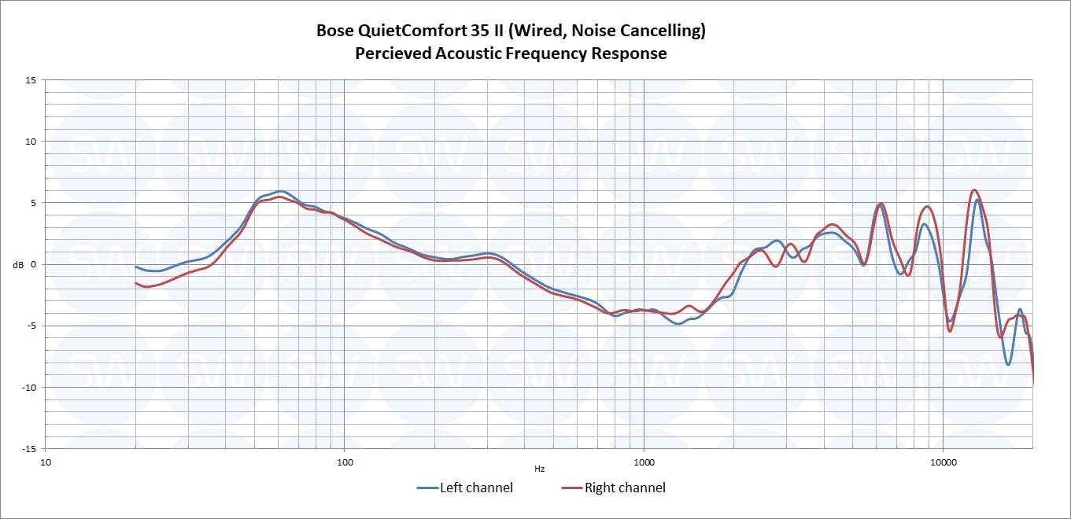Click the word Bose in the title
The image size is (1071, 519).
(x=334, y=31)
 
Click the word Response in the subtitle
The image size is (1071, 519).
(x=630, y=53)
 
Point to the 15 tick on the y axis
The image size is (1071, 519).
(x=31, y=80)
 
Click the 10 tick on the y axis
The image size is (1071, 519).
(x=31, y=142)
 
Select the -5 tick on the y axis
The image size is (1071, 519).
(x=31, y=326)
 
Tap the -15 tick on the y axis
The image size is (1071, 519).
(x=28, y=448)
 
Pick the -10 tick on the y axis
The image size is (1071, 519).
(x=28, y=387)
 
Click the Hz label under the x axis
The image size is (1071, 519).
(x=539, y=469)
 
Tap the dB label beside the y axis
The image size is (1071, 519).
(x=18, y=264)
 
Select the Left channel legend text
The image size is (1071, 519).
(x=476, y=488)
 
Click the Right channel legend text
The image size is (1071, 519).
(x=625, y=488)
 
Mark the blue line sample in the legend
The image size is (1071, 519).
(x=427, y=488)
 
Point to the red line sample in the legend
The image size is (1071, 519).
(x=571, y=488)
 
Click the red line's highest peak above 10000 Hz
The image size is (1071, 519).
(x=974, y=190)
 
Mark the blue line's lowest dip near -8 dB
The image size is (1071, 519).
(x=1008, y=365)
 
